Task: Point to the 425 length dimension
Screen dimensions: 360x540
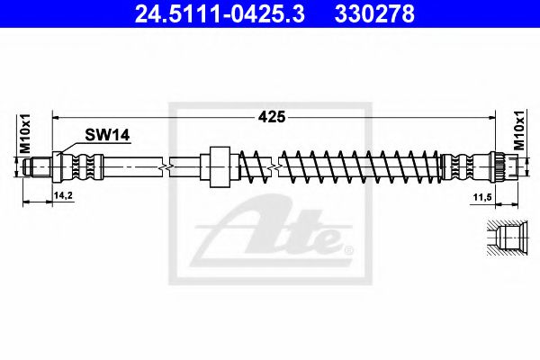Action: [272, 116]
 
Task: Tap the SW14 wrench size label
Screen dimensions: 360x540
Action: [107, 135]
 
